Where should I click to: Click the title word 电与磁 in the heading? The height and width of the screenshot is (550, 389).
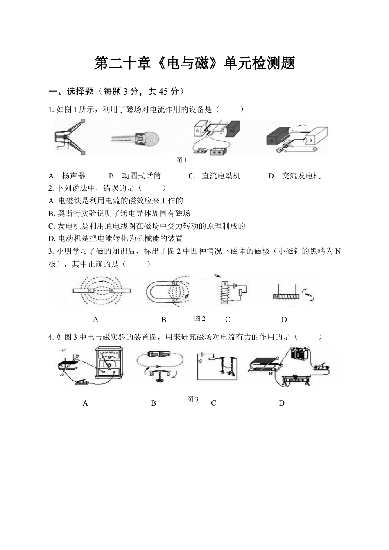(186, 63)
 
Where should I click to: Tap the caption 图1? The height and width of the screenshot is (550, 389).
(181, 160)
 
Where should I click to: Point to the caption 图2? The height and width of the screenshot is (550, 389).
(199, 318)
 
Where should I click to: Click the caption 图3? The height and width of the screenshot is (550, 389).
(192, 399)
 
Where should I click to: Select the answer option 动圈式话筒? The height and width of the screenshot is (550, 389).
(141, 176)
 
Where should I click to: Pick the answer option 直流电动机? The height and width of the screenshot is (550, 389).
(221, 176)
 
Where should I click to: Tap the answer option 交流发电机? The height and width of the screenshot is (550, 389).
(301, 176)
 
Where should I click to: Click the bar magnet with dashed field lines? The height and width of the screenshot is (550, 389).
(102, 291)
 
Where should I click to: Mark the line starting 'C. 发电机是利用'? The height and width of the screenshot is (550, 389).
(147, 226)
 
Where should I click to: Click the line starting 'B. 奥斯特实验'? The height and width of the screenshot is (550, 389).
(119, 213)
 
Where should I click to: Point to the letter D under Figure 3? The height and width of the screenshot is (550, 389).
(281, 403)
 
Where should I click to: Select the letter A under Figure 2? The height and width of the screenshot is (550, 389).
(95, 320)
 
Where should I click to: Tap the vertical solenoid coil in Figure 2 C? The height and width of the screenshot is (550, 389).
(224, 292)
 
